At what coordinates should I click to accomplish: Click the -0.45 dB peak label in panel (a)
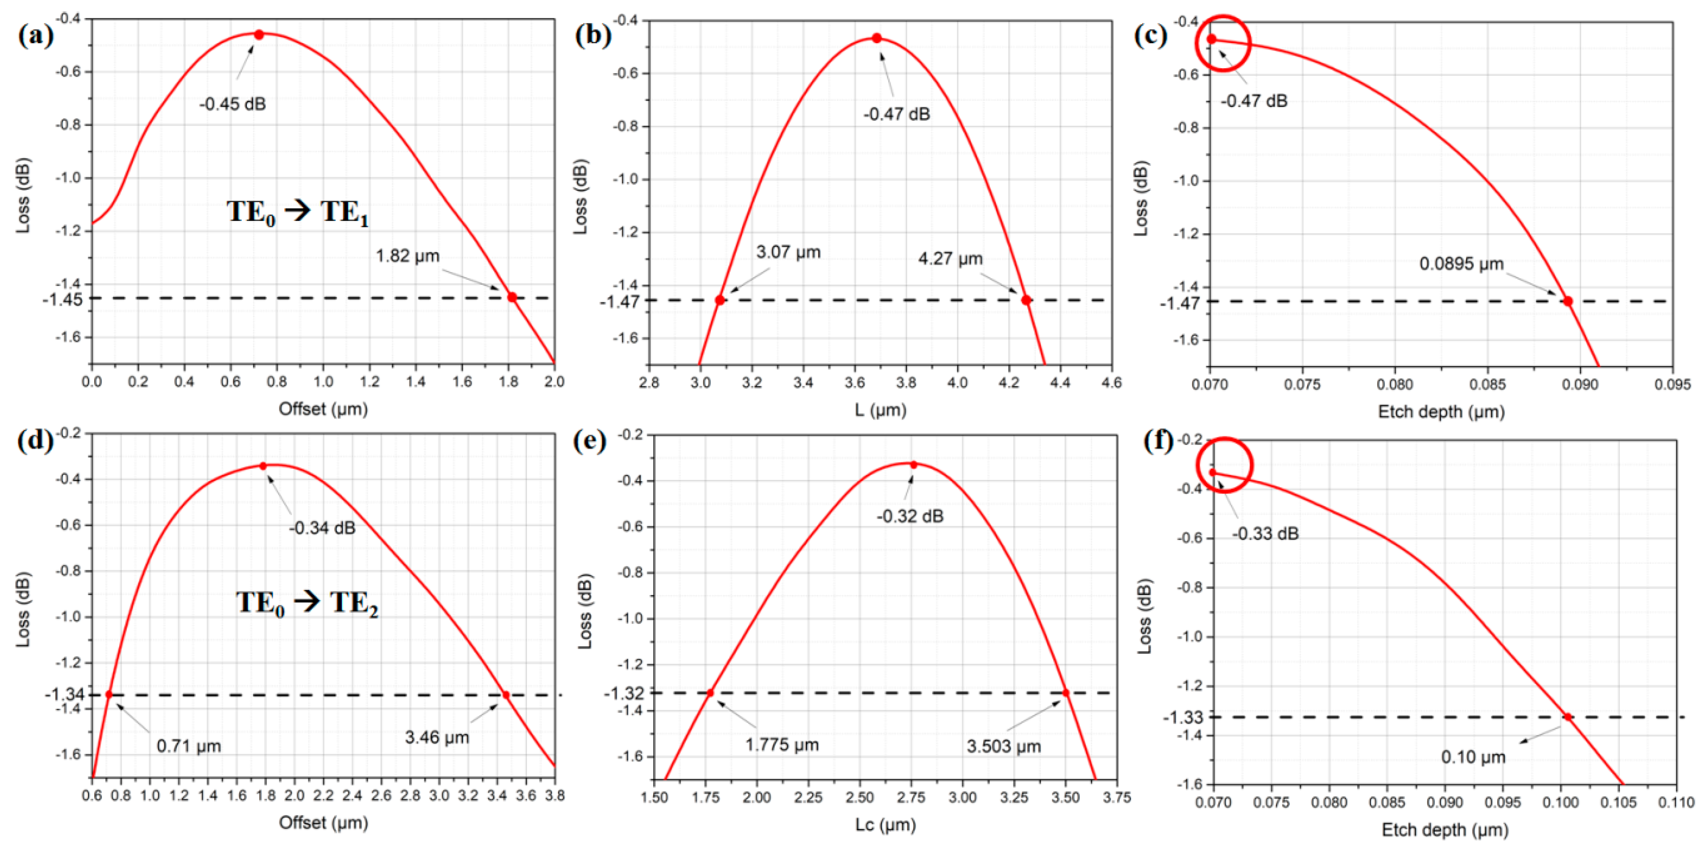tap(232, 104)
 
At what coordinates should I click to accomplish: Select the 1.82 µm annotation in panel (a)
tap(408, 256)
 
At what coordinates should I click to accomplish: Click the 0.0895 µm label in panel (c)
tap(1461, 264)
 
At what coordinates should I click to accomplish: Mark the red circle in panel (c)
tap(1224, 43)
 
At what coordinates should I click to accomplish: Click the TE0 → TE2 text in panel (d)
tap(307, 603)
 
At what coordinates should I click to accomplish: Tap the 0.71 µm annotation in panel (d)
tap(189, 746)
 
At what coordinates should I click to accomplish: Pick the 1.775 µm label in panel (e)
tap(782, 745)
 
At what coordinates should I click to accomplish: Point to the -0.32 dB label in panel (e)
tap(910, 516)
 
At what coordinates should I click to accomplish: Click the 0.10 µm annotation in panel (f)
tap(1473, 757)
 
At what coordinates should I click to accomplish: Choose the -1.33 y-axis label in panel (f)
tap(1183, 717)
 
